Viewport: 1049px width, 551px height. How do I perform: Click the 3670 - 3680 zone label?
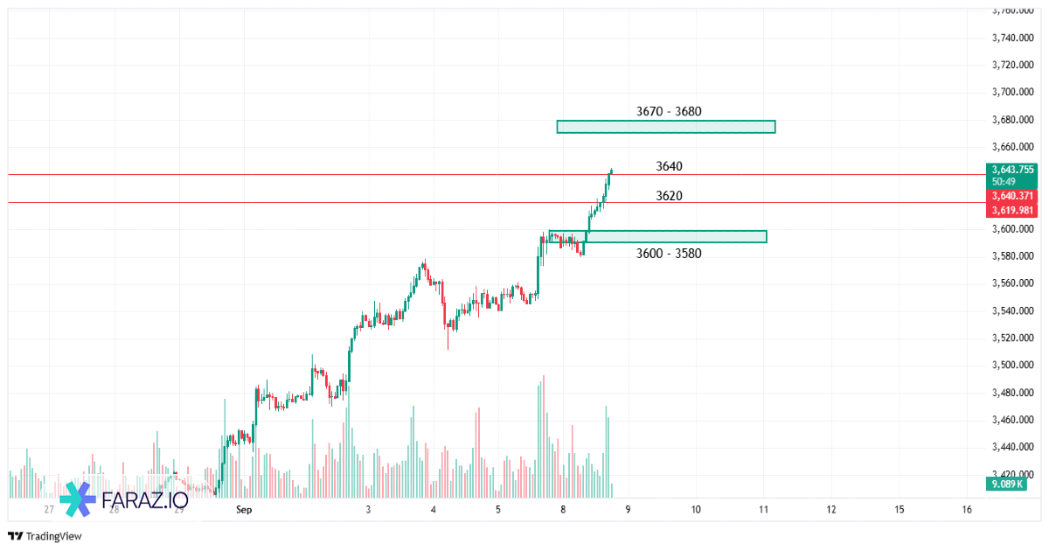click(669, 111)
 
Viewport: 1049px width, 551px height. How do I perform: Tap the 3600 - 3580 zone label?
click(669, 253)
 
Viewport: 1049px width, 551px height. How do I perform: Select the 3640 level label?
click(669, 166)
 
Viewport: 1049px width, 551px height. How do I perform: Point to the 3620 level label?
click(669, 196)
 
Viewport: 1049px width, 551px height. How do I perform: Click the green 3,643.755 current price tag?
click(1013, 170)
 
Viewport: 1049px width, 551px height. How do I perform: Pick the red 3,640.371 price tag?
click(1013, 197)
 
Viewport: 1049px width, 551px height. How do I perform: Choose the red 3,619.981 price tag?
click(1013, 210)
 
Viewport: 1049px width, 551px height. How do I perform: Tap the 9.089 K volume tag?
click(1006, 484)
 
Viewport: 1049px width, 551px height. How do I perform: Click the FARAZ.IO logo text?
click(144, 500)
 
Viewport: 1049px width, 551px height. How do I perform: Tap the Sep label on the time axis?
click(244, 509)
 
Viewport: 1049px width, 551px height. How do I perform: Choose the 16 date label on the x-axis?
click(967, 509)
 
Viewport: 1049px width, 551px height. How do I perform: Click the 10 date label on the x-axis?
click(696, 509)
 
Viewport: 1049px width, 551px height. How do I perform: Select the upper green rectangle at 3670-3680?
click(665, 127)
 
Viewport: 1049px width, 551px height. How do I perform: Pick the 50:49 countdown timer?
click(1004, 181)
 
